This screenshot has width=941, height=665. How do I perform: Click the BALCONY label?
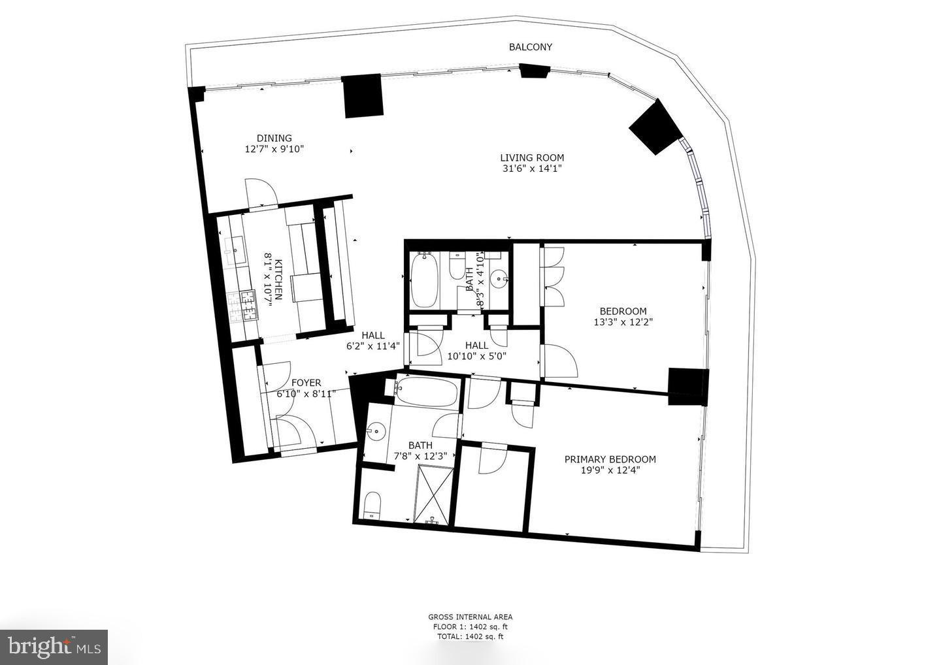pyautogui.click(x=530, y=47)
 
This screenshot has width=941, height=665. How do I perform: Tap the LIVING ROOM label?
pyautogui.click(x=532, y=157)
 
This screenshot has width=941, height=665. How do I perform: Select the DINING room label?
pyautogui.click(x=274, y=138)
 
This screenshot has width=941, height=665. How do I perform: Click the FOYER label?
pyautogui.click(x=306, y=383)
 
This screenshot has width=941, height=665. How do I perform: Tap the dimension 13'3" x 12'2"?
pyautogui.click(x=623, y=321)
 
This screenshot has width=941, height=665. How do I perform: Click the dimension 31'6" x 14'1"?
pyautogui.click(x=532, y=168)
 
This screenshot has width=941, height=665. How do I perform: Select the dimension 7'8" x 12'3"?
pyautogui.click(x=421, y=456)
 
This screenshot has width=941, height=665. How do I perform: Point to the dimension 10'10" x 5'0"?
pyautogui.click(x=476, y=356)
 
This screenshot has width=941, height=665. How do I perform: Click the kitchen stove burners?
pyautogui.click(x=243, y=304)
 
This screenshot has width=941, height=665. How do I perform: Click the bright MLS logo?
pyautogui.click(x=54, y=647)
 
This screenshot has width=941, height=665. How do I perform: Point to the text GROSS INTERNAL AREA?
pyautogui.click(x=470, y=617)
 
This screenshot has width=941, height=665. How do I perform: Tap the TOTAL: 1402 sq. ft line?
pyautogui.click(x=470, y=636)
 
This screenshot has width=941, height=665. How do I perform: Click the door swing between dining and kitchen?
pyautogui.click(x=261, y=192)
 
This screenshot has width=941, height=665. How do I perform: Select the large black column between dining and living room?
pyautogui.click(x=363, y=95)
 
